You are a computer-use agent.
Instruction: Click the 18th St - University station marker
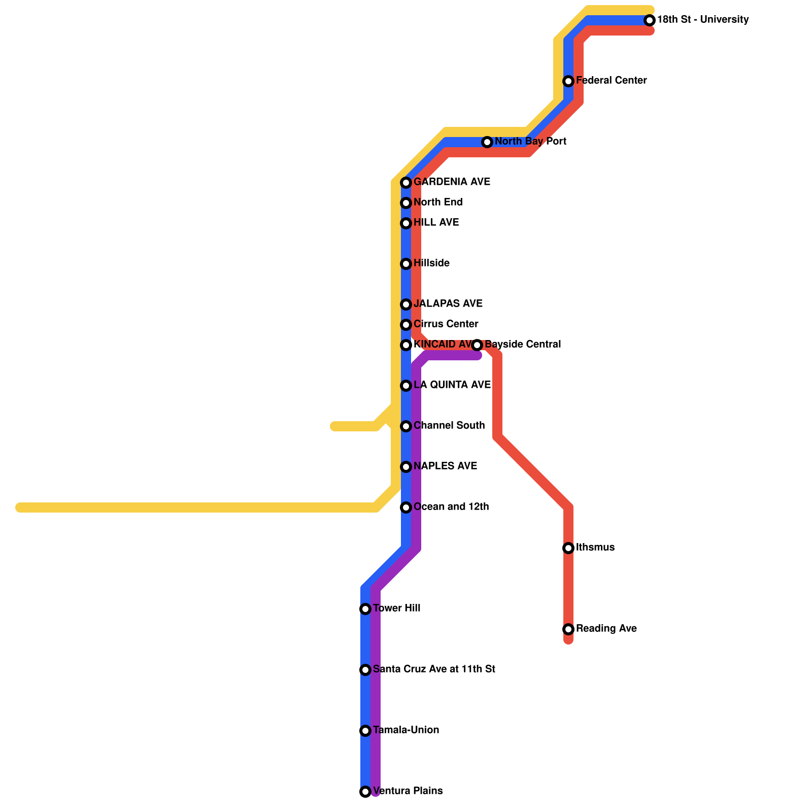pos(650,20)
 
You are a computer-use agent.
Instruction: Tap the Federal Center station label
pos(611,81)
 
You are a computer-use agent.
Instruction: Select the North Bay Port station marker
pos(487,142)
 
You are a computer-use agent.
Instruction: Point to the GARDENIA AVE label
pos(452,182)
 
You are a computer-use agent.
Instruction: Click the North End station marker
pos(406,203)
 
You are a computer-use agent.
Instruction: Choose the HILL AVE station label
pos(436,223)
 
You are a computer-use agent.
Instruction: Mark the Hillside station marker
pos(406,264)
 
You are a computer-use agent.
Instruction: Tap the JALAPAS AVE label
pos(448,304)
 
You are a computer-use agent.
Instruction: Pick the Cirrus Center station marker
pos(406,325)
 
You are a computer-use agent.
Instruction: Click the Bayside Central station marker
pos(477,345)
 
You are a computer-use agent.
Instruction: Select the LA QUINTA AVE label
pos(452,385)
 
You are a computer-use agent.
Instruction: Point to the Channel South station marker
pos(406,426)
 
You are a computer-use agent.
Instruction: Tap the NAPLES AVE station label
pos(445,466)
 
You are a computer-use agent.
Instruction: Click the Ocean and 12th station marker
pos(406,507)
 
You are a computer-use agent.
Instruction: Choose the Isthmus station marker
pos(568,548)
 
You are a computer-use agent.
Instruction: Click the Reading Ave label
pos(606,629)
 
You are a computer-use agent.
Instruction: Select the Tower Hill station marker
pos(365,609)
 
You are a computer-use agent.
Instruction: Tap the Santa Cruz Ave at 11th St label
pos(434,669)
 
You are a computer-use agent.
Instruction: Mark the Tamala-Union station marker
pos(365,731)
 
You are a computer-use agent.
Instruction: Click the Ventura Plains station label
pos(408,791)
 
